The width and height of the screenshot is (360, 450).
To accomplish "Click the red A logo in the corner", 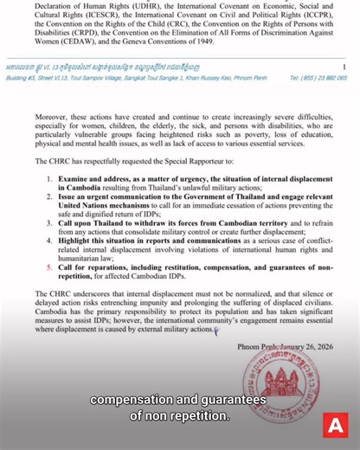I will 333,426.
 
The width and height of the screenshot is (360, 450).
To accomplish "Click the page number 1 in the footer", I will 344,66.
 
